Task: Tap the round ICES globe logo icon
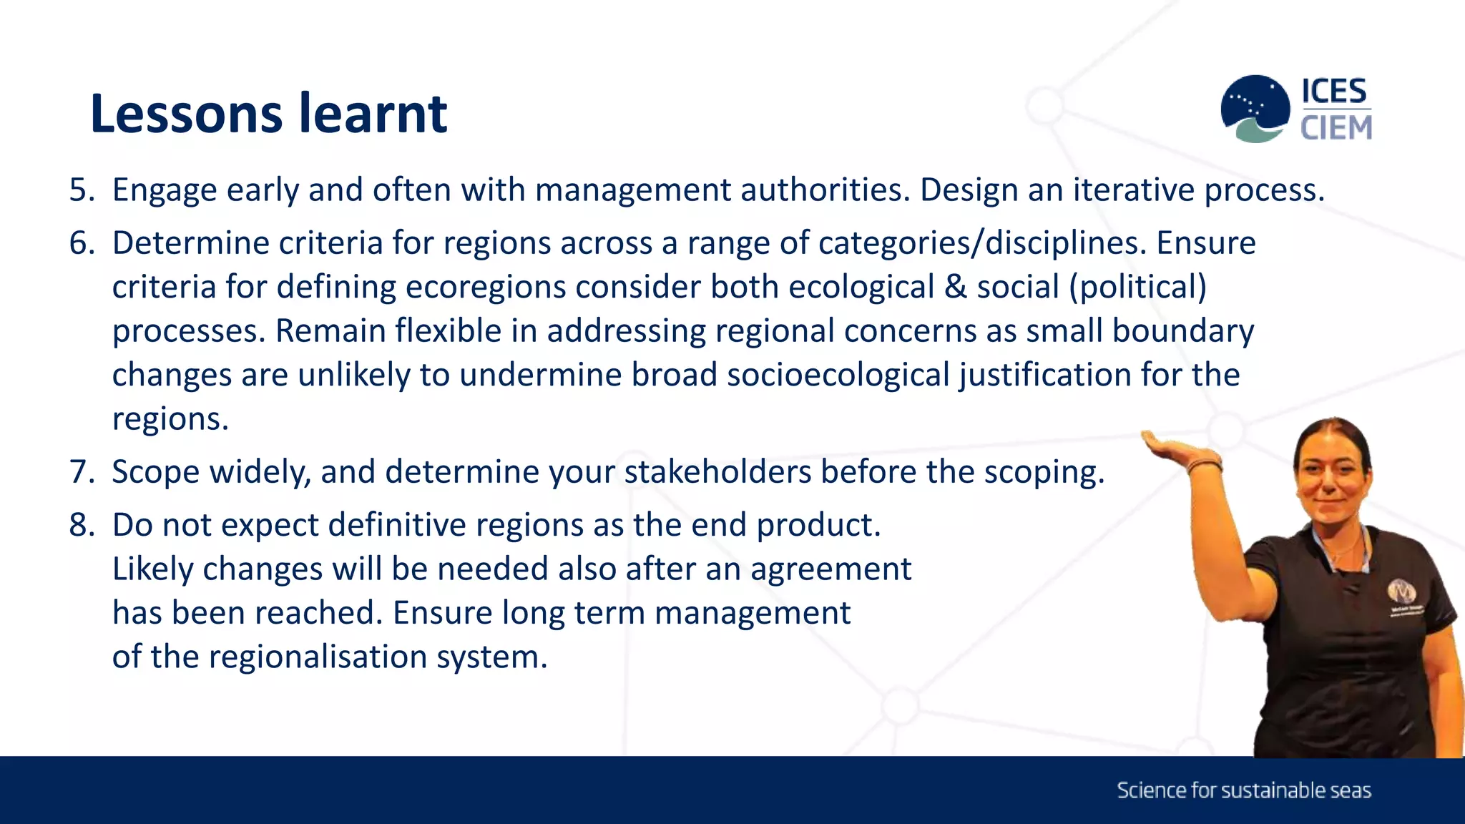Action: [x=1255, y=108]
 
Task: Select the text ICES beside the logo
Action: [x=1334, y=92]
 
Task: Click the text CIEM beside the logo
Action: [x=1336, y=128]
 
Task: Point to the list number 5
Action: [x=82, y=190]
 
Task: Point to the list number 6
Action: [x=82, y=243]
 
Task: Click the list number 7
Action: [x=82, y=472]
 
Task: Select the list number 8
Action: [x=82, y=525]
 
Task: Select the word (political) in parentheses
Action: [x=1137, y=288]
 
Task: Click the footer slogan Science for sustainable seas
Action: [x=1243, y=790]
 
